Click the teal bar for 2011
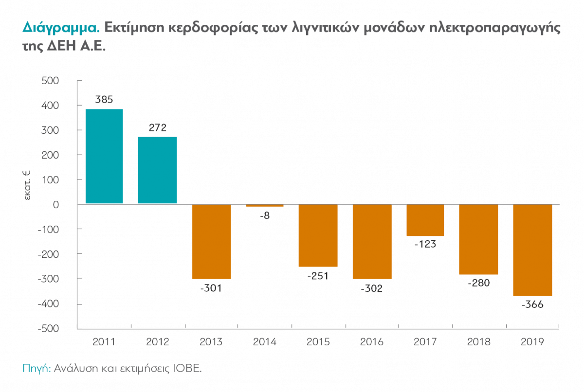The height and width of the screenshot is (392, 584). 104,156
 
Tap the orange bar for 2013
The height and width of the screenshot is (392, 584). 211,241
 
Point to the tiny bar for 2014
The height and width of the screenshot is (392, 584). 265,206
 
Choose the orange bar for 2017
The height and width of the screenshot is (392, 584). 425,220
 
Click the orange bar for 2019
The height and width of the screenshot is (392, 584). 532,250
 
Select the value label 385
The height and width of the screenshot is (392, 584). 104,100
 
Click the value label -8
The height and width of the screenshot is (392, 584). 265,216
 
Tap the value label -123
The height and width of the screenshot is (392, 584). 425,245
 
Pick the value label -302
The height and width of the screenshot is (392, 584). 372,288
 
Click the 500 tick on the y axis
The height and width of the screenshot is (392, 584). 50,81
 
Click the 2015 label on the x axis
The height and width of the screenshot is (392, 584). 318,342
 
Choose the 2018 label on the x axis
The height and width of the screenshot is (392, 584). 478,342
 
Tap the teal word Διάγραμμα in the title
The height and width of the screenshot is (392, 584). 61,28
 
